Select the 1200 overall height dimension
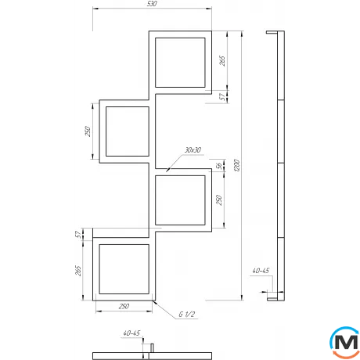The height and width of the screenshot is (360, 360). [x=236, y=167]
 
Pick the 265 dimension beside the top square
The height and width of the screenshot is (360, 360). [x=222, y=61]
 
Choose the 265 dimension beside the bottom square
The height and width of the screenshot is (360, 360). [x=79, y=270]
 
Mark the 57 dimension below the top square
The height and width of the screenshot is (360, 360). [x=222, y=96]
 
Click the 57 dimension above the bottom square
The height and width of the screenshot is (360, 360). [x=79, y=234]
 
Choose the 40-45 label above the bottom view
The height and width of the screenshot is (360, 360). [x=131, y=333]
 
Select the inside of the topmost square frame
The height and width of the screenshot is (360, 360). [x=182, y=61]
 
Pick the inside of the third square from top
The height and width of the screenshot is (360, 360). [x=182, y=201]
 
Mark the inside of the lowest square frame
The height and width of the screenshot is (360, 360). [x=122, y=269]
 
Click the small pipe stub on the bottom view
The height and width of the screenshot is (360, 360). [x=153, y=347]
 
